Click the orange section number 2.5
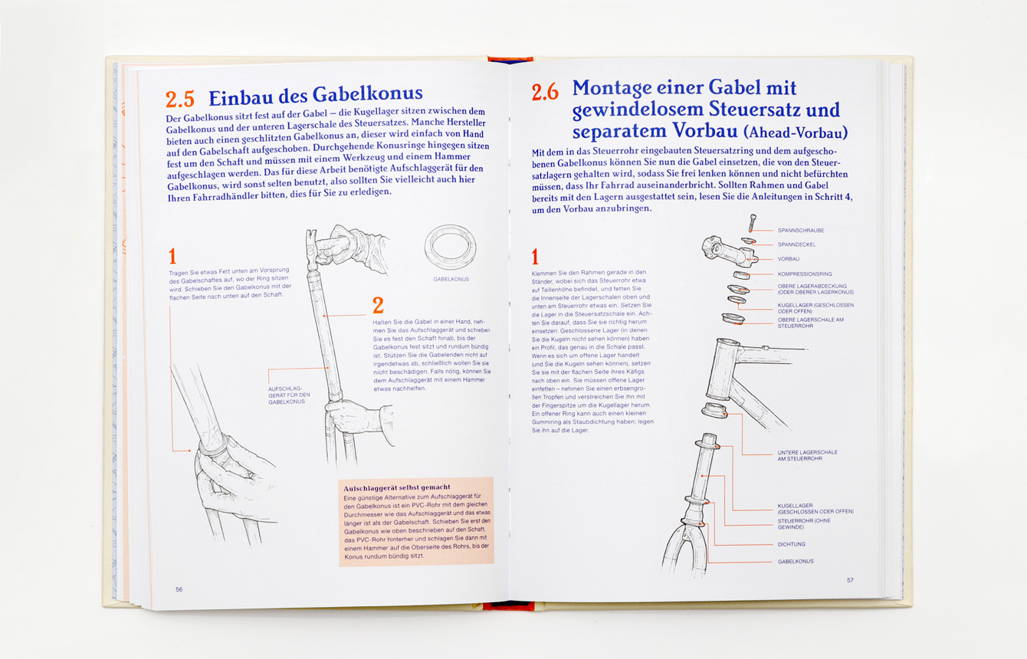[x=179, y=99]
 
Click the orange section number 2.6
[x=545, y=92]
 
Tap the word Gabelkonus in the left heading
[x=368, y=94]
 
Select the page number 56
[x=179, y=589]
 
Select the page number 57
[x=850, y=580]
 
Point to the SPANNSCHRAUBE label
[x=801, y=231]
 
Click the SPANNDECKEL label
[x=796, y=244]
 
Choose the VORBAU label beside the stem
[x=788, y=259]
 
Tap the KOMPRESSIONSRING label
[x=805, y=274]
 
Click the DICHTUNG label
[x=792, y=544]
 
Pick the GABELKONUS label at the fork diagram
[x=796, y=562]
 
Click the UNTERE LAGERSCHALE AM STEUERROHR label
[x=807, y=455]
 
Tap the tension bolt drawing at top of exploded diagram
[x=753, y=223]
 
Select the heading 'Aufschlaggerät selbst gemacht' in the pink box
[x=397, y=487]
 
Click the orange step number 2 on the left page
[x=378, y=305]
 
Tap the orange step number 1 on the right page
[x=535, y=257]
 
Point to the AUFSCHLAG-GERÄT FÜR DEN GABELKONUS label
[x=289, y=395]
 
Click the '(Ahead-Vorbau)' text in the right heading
[x=796, y=133]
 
